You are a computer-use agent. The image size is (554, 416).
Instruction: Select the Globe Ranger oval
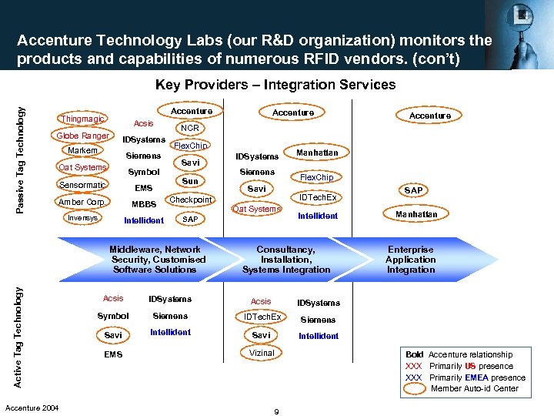[x=82, y=136]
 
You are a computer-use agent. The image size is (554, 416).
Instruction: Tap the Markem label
[x=83, y=150]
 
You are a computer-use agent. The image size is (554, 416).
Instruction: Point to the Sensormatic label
[x=82, y=184]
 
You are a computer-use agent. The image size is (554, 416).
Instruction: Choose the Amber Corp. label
[x=82, y=202]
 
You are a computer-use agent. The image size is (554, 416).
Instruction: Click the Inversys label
[x=83, y=218]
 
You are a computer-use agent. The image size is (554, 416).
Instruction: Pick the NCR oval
[x=189, y=128]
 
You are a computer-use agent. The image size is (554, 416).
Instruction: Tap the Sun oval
[x=190, y=181]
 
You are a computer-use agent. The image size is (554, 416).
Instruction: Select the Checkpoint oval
[x=190, y=200]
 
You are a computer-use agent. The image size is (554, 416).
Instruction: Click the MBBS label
[x=144, y=204]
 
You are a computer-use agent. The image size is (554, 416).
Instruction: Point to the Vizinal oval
[x=262, y=353]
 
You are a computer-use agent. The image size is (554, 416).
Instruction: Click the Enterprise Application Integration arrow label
[x=411, y=260]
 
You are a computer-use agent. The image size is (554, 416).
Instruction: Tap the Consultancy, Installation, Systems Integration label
[x=286, y=260]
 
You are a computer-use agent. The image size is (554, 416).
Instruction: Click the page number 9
[x=276, y=411]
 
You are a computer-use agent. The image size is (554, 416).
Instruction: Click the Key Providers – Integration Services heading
[x=275, y=85]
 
